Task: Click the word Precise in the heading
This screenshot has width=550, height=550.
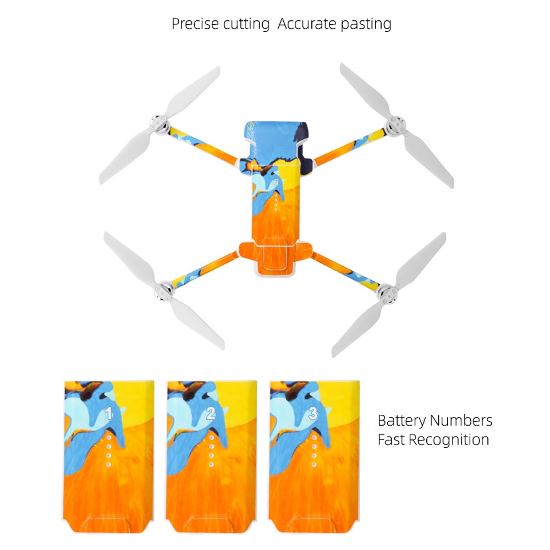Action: pos(195,24)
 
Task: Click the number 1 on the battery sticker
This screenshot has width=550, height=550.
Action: pos(109,414)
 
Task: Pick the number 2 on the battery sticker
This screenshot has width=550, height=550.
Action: pos(211,414)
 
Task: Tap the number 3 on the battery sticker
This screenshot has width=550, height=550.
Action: pos(313,413)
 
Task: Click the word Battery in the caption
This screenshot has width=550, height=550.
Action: pos(402,421)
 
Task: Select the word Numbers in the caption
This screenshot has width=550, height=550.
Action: pos(461,420)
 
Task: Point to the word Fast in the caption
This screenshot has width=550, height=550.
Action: pos(391,439)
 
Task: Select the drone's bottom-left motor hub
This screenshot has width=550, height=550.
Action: pos(164,290)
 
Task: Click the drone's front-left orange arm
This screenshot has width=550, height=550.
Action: pos(204,146)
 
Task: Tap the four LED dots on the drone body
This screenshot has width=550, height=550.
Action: pos(276,202)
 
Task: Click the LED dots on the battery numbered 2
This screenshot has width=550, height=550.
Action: pos(211,451)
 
